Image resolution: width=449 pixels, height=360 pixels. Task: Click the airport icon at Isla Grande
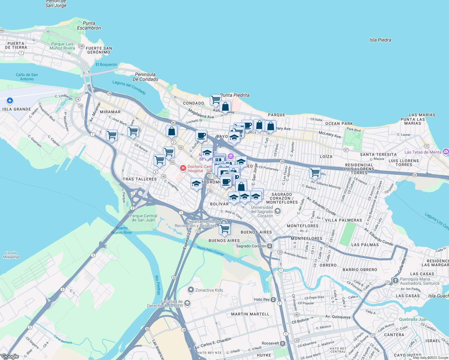click(x=10, y=100)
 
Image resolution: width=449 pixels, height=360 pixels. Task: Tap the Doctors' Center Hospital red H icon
click(x=183, y=169)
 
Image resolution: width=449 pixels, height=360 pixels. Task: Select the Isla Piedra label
click(x=380, y=40)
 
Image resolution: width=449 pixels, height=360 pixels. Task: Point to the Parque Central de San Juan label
click(x=143, y=218)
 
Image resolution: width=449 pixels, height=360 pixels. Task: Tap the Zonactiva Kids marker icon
click(x=191, y=290)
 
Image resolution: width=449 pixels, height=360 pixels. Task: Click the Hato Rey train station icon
click(x=273, y=299)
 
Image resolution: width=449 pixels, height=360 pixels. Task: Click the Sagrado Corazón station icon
click(x=270, y=246)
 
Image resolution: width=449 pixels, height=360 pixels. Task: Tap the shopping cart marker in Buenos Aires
click(x=224, y=229)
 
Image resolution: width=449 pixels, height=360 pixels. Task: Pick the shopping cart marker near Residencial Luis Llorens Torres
click(x=315, y=172)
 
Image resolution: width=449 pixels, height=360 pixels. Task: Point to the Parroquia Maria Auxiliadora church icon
click(x=396, y=281)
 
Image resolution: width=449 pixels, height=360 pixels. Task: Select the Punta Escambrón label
click(x=89, y=25)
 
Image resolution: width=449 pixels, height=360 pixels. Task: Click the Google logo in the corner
click(x=10, y=356)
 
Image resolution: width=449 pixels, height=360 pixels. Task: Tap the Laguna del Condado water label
click(x=129, y=87)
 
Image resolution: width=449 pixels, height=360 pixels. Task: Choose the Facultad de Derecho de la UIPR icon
click(x=187, y=304)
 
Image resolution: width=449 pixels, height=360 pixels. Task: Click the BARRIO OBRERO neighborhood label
click(x=360, y=270)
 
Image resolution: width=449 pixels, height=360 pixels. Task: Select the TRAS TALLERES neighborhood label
click(x=140, y=179)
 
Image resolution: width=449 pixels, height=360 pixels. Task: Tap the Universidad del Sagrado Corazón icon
click(x=278, y=211)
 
